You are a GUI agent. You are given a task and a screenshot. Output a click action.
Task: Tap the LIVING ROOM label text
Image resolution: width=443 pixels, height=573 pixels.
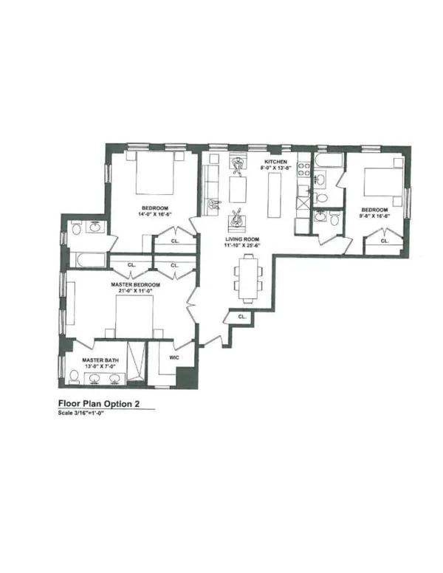242,240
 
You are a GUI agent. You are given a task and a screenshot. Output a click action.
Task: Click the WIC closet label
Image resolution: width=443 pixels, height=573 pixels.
175,357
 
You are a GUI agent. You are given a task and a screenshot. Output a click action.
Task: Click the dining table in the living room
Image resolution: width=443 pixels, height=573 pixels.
249,277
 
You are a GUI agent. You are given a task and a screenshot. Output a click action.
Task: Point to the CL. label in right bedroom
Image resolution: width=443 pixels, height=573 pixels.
384,241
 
